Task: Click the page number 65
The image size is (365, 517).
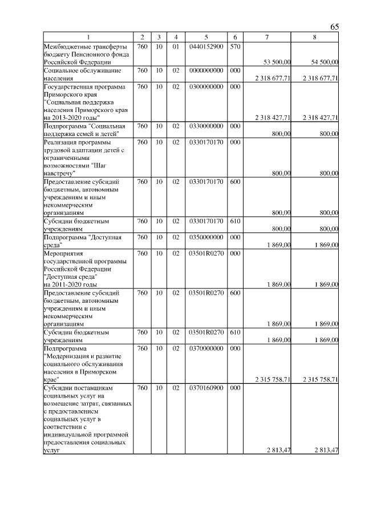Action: (335, 27)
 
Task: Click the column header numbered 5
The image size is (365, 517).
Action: (206, 38)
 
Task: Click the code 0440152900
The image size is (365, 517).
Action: (206, 46)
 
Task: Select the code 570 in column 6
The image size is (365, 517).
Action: (235, 46)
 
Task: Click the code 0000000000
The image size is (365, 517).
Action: (206, 70)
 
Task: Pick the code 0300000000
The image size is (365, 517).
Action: (206, 86)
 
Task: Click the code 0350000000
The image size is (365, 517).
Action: (206, 237)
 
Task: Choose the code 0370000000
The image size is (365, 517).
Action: (206, 348)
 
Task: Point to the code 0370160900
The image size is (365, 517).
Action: (206, 388)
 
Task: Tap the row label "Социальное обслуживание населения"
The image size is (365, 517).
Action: (74, 74)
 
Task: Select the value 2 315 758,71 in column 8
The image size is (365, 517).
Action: (317, 379)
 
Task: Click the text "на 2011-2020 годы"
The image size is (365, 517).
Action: (70, 284)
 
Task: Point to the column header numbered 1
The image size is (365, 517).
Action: (88, 38)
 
